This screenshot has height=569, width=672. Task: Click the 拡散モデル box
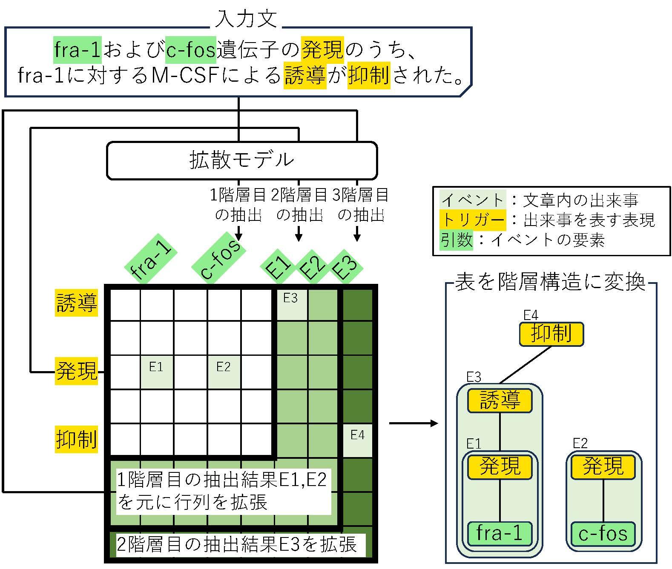click(241, 160)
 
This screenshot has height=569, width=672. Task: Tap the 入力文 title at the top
click(246, 19)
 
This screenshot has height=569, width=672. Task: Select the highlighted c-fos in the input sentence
click(191, 50)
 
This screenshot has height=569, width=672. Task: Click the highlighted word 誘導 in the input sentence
click(304, 76)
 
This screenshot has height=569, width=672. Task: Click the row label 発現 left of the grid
click(77, 371)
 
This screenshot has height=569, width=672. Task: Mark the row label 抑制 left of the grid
click(77, 439)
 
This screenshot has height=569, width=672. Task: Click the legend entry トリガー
click(473, 220)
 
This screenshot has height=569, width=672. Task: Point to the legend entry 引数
click(457, 240)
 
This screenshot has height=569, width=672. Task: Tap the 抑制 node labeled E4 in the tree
click(551, 334)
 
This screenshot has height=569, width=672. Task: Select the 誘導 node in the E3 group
click(500, 400)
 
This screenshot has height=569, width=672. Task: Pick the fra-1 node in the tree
click(500, 534)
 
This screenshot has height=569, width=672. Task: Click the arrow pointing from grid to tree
click(413, 423)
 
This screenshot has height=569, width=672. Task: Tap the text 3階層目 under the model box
click(360, 195)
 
